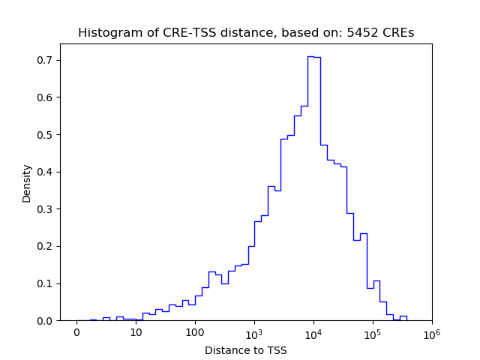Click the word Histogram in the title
[106, 33]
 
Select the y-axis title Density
[27, 182]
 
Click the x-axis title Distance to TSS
[245, 349]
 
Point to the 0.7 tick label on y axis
[46, 60]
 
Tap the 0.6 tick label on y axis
[46, 97]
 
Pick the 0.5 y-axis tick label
[46, 135]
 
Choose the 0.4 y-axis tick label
[46, 172]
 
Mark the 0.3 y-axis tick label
[46, 209]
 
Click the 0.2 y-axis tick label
[46, 246]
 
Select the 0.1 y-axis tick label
[46, 283]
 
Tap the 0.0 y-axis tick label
[46, 321]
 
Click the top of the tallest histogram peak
[313, 56]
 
